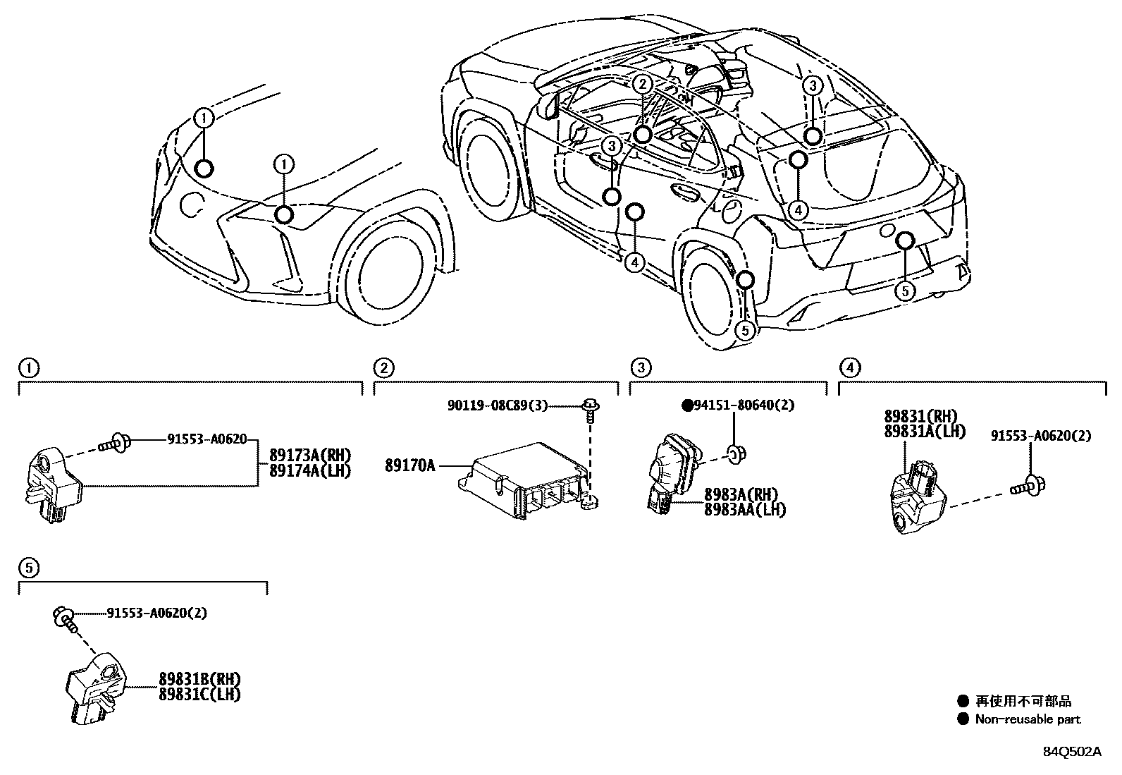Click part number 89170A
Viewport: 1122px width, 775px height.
click(x=409, y=465)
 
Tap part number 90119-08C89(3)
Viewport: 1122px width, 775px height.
click(x=497, y=405)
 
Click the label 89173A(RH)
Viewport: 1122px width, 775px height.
click(x=309, y=455)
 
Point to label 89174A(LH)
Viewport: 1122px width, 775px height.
click(x=309, y=470)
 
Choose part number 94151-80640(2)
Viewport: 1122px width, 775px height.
click(x=734, y=405)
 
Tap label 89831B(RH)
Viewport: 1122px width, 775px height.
click(x=199, y=679)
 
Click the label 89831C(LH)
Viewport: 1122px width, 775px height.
click(x=199, y=694)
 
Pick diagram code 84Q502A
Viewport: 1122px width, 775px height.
click(x=1072, y=751)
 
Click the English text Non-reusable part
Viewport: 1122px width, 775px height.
click(x=1028, y=719)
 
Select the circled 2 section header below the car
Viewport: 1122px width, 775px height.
click(x=383, y=367)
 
